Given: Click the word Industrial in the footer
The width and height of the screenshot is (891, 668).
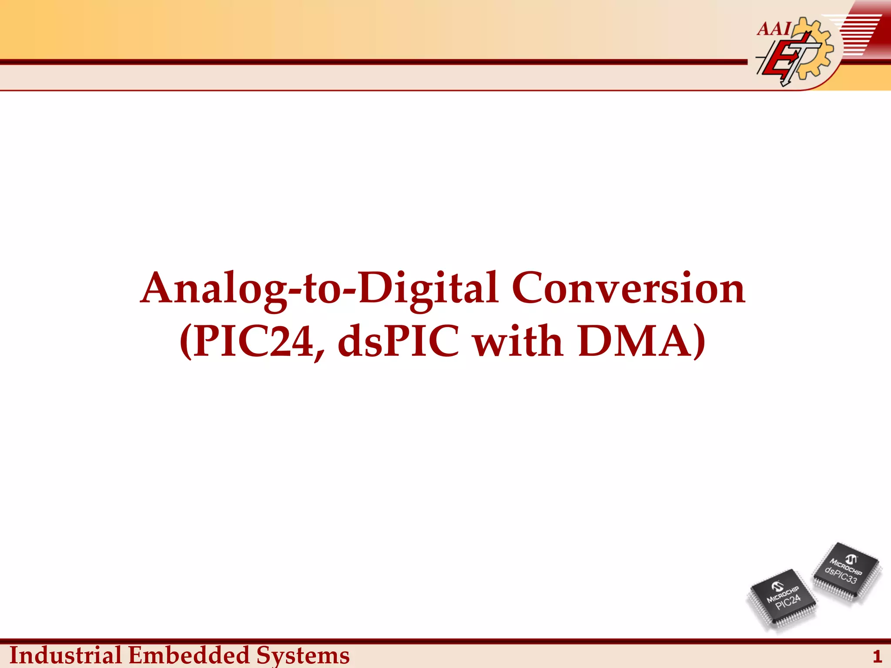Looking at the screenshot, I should click(x=65, y=655).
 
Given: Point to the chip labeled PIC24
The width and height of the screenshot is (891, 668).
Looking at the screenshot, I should click(x=782, y=599).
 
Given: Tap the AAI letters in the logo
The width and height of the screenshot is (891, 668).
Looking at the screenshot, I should click(x=774, y=29).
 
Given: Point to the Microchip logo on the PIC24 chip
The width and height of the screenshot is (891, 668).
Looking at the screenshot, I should click(x=777, y=587).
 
